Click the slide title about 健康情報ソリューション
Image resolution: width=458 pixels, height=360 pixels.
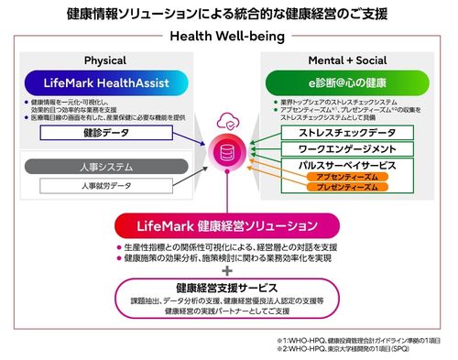click(228, 15)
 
